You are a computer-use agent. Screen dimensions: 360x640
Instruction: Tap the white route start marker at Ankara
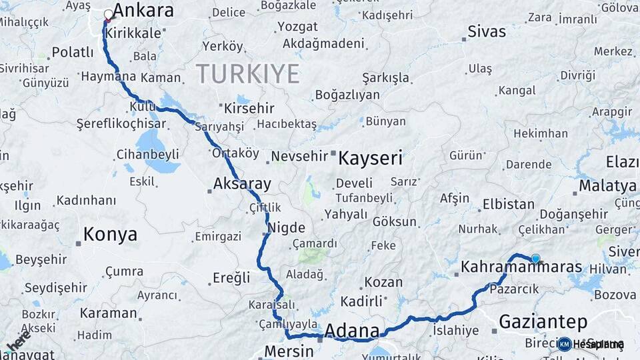(108, 14)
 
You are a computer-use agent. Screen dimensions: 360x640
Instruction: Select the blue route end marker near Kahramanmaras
(535, 259)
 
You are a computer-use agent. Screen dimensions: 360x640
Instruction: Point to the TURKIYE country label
(247, 74)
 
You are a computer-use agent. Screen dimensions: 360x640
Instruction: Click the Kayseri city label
(370, 159)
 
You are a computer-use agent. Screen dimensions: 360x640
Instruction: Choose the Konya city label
(110, 235)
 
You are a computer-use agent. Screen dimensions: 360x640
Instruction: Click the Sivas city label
(487, 31)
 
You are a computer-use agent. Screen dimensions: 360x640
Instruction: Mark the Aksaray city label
(242, 184)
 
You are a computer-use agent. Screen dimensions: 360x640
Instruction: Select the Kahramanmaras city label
(521, 267)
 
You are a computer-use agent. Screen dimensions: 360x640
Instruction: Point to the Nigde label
(286, 227)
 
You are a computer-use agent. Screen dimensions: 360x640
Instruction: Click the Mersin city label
(289, 351)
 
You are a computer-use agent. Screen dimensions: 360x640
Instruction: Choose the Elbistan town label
(508, 204)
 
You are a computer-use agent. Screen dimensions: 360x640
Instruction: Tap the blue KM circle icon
(565, 344)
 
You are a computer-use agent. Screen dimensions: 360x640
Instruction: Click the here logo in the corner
(19, 341)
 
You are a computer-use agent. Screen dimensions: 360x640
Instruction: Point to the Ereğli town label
(231, 277)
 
